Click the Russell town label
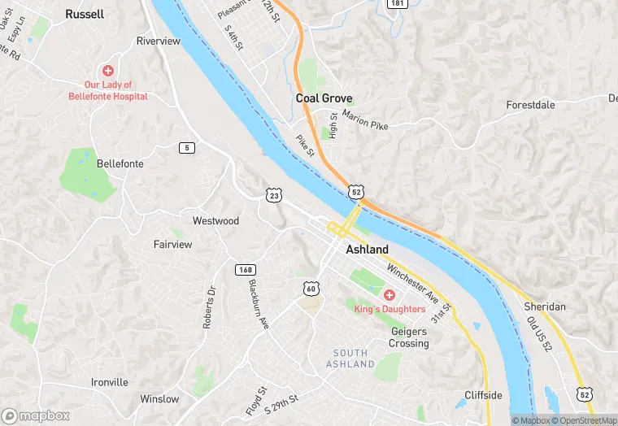click(85, 14)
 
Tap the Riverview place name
click(158, 41)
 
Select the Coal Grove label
click(324, 98)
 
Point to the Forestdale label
click(530, 106)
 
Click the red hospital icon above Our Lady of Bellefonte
click(107, 72)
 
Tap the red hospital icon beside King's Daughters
click(390, 295)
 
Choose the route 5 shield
click(188, 147)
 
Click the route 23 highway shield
click(273, 195)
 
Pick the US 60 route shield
click(311, 289)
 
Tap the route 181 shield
click(396, 4)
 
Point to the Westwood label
click(215, 221)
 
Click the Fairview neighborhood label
click(173, 244)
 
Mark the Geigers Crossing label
click(409, 337)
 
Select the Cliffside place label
click(483, 396)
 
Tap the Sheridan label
click(545, 306)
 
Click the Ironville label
click(110, 382)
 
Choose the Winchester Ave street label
click(413, 279)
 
